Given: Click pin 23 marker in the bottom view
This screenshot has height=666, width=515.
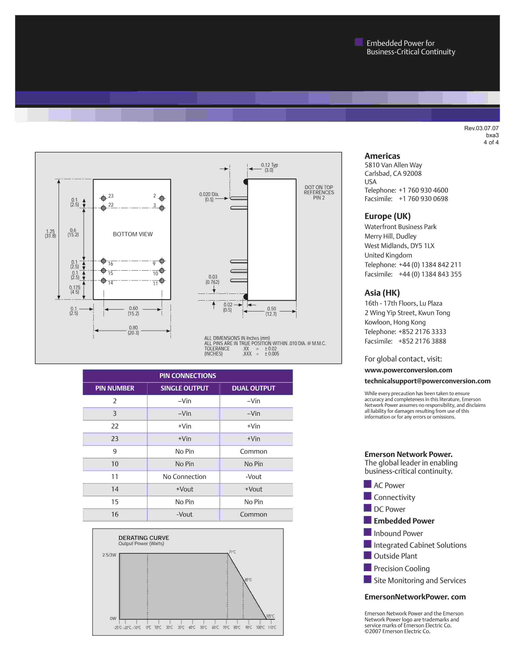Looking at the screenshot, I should tap(103, 198).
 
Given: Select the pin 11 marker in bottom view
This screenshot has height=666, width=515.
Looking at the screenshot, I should tap(162, 281).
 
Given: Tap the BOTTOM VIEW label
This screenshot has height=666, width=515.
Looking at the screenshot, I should tap(133, 234).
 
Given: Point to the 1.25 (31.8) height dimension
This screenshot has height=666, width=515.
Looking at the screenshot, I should tap(50, 234).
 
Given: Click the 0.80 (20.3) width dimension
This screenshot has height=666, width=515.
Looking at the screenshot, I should tap(133, 330).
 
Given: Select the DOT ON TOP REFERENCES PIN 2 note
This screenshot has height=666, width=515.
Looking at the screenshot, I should tap(319, 192).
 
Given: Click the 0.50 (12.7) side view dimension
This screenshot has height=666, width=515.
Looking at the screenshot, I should tap(271, 311).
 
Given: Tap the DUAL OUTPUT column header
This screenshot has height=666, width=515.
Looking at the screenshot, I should tap(253, 388).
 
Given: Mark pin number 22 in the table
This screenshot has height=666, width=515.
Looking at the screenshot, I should tap(115, 426).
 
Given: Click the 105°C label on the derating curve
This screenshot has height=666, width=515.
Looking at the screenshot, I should tap(270, 616).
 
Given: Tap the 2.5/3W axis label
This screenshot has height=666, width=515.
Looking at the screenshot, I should tap(109, 555).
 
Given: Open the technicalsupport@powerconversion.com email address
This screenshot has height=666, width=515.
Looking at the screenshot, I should tap(427, 381).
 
